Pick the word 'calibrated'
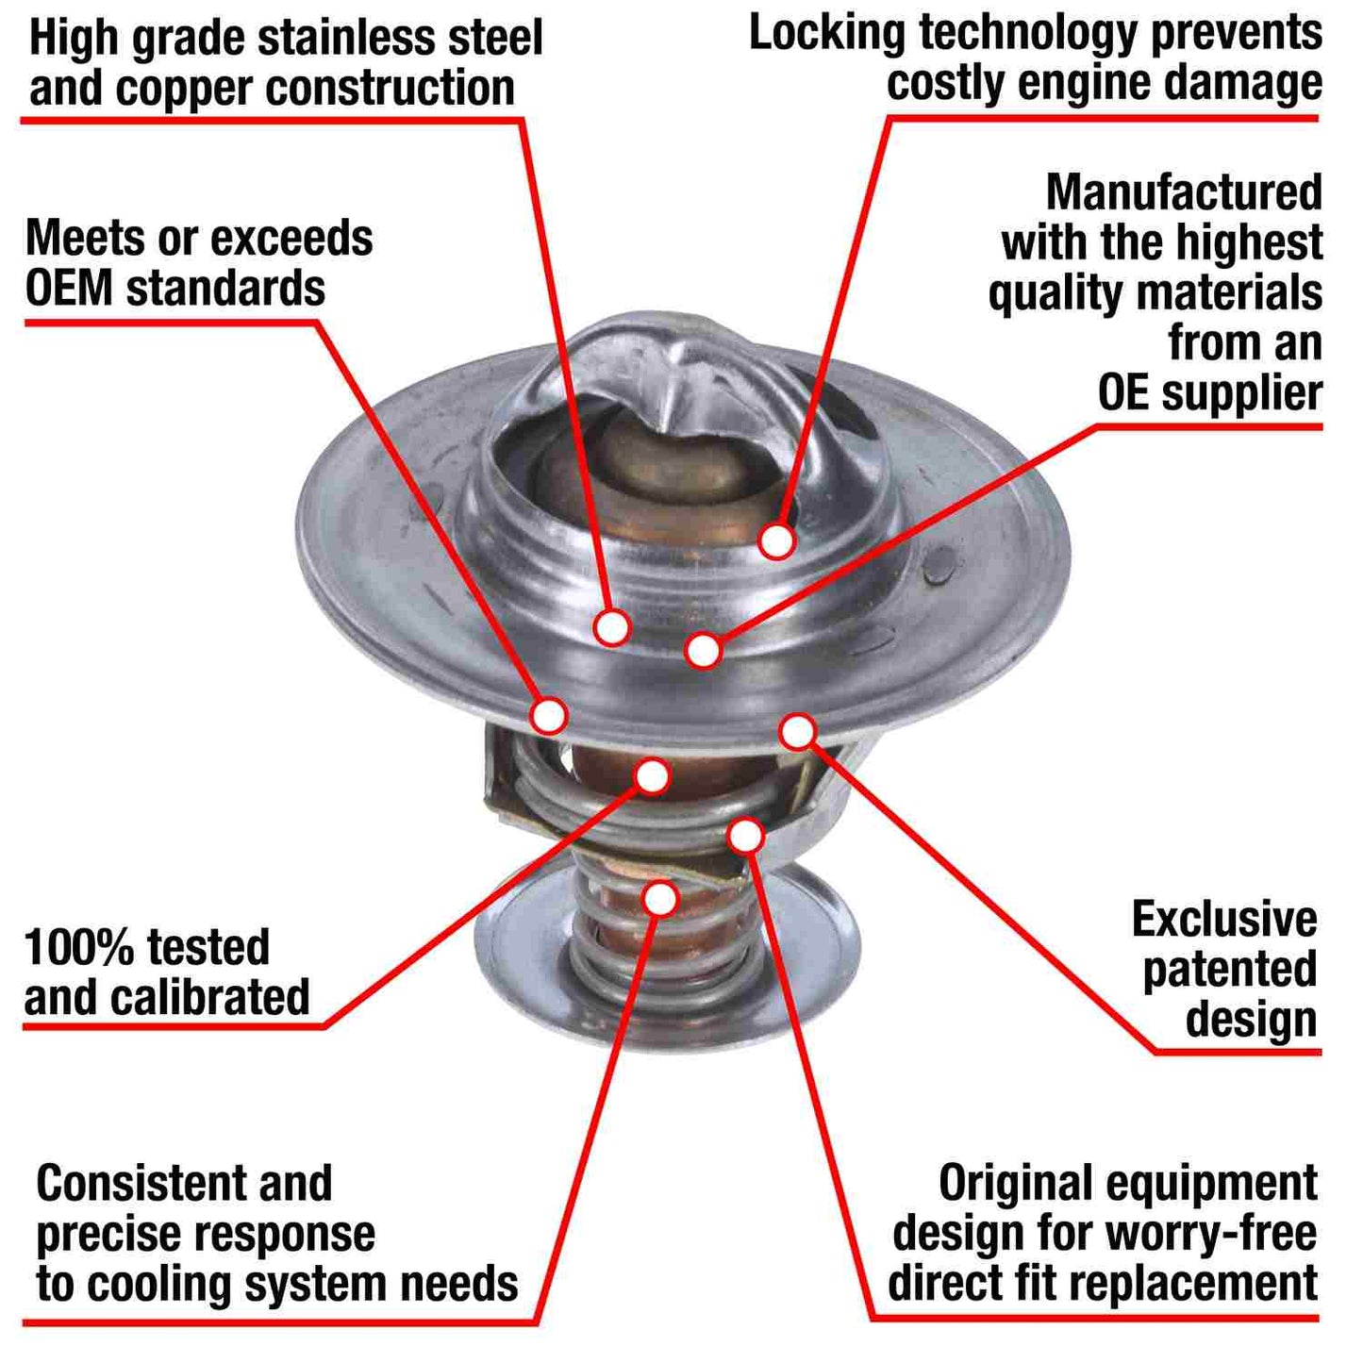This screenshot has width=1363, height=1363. pyautogui.click(x=209, y=997)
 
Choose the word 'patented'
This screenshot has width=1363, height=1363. pyautogui.click(x=1229, y=970)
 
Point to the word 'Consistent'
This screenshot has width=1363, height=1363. pyautogui.click(x=141, y=1183)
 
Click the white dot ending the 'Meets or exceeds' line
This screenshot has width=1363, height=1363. pyautogui.click(x=549, y=715)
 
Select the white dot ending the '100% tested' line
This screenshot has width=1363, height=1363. pyautogui.click(x=652, y=776)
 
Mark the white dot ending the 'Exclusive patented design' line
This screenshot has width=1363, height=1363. pyautogui.click(x=797, y=732)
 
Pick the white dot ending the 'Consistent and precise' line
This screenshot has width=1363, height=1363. pyautogui.click(x=660, y=898)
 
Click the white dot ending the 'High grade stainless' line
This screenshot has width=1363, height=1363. pyautogui.click(x=612, y=627)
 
